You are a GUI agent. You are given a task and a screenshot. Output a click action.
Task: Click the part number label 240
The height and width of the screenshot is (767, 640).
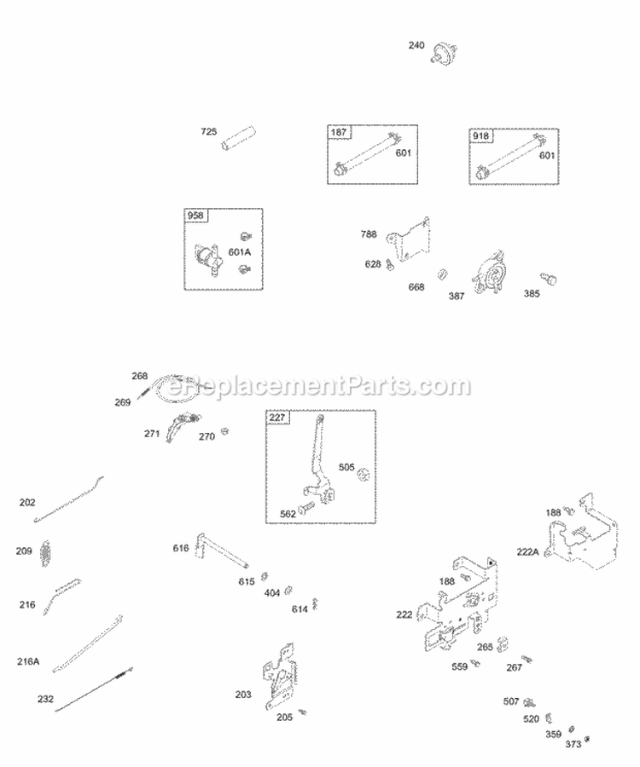click(417, 46)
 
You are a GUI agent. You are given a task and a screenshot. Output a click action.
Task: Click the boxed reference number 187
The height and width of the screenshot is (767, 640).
click(340, 132)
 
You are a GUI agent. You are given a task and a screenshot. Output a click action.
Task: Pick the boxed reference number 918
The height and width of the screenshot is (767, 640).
click(480, 135)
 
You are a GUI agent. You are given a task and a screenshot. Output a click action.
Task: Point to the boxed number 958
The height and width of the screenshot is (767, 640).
click(195, 216)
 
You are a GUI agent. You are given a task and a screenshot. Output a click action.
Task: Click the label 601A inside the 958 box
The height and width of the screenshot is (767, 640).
click(240, 252)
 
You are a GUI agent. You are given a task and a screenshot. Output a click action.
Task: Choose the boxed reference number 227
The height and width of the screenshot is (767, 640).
click(278, 418)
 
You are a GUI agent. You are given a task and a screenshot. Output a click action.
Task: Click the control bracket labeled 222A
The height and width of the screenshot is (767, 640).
click(580, 533)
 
